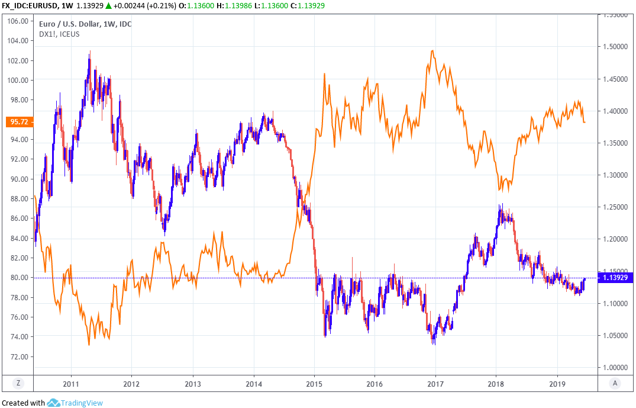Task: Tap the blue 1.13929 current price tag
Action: (616, 277)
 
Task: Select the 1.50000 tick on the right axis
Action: (615, 47)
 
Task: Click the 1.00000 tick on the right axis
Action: (615, 367)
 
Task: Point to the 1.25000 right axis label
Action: (615, 207)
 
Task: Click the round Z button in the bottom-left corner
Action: (18, 383)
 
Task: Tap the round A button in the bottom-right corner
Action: (615, 383)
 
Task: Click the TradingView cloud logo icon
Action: (53, 403)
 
